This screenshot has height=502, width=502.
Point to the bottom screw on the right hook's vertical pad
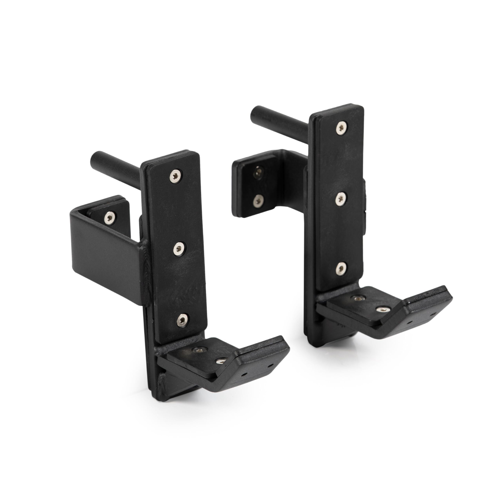coord(341,269)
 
